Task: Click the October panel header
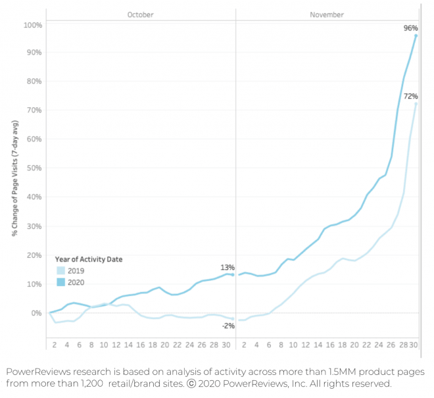click(x=140, y=14)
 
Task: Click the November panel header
click(x=326, y=14)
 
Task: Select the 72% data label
click(x=410, y=96)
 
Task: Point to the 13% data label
click(x=228, y=267)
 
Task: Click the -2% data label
click(x=228, y=326)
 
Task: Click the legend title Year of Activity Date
click(x=87, y=259)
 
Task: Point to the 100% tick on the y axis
click(x=33, y=25)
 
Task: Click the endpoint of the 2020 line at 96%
click(x=416, y=36)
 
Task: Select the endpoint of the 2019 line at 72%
click(x=416, y=103)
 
